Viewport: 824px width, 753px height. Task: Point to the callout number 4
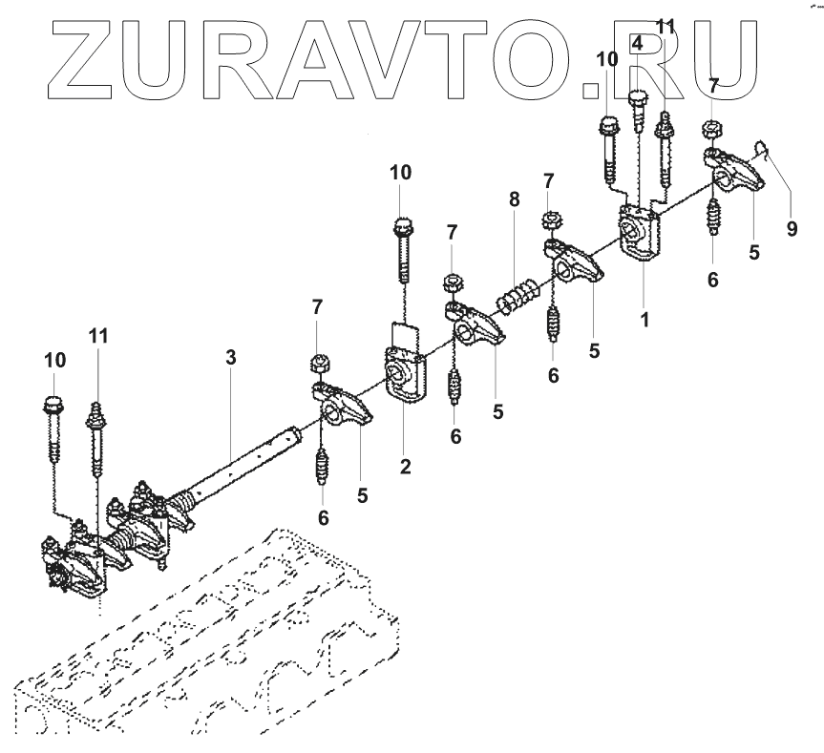pyautogui.click(x=637, y=44)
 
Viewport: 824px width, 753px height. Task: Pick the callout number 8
pyautogui.click(x=514, y=199)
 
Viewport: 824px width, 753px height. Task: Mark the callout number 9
pyautogui.click(x=791, y=229)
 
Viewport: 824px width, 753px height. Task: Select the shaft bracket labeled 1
pyautogui.click(x=637, y=234)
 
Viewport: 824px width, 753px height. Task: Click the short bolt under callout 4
pyautogui.click(x=637, y=115)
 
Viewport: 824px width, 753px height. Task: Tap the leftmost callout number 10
pyautogui.click(x=54, y=360)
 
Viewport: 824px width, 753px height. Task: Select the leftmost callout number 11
pyautogui.click(x=98, y=336)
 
